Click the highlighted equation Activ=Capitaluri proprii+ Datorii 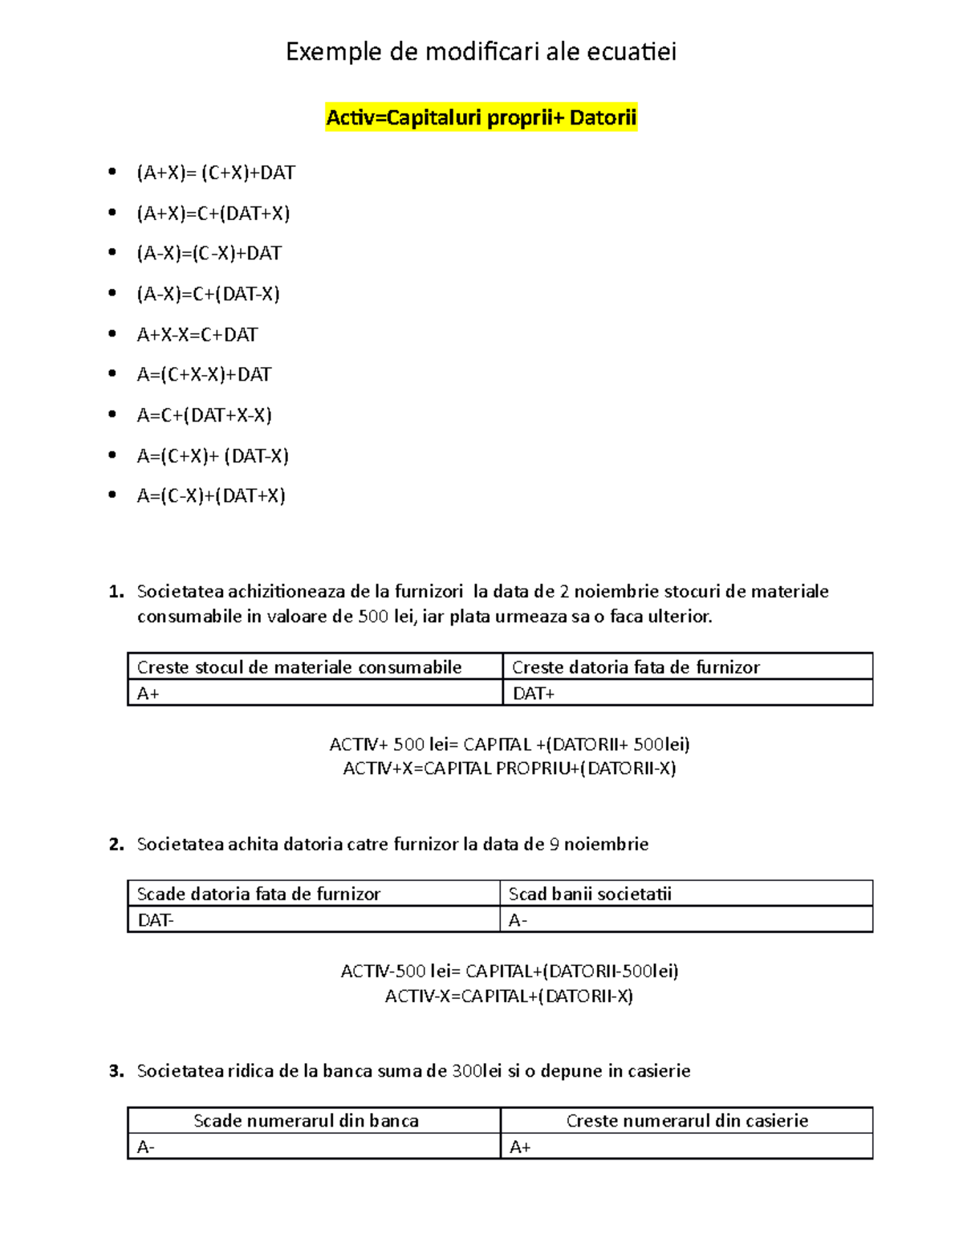tap(481, 118)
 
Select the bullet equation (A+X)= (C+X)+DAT tap(216, 173)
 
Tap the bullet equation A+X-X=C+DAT tap(197, 335)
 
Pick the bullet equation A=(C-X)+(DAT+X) tap(211, 495)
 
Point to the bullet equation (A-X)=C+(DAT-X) tap(208, 294)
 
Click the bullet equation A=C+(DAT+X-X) tap(204, 415)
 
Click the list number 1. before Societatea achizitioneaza tap(116, 592)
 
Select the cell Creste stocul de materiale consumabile tap(299, 667)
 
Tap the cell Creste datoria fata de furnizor tap(636, 667)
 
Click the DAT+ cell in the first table tap(534, 693)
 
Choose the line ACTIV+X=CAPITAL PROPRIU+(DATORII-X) tap(509, 768)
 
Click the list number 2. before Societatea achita tap(116, 844)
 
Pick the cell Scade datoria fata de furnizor tap(258, 894)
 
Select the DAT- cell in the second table tap(156, 920)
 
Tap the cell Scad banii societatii tap(590, 894)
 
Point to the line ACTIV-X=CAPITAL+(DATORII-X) tap(509, 996)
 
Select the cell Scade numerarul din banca tap(306, 1121)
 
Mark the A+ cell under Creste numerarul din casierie tap(520, 1147)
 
